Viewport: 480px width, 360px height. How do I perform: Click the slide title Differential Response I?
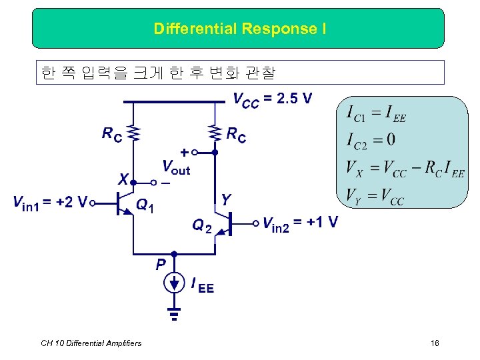(239, 29)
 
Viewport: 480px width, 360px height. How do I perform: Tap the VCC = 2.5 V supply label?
(272, 99)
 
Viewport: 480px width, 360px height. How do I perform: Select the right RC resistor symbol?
(215, 133)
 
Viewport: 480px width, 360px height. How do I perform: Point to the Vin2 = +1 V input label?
(300, 222)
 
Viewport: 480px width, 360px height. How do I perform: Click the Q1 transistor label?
(145, 206)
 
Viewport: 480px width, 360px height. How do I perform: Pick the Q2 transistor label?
(202, 227)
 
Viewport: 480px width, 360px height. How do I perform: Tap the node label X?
(123, 179)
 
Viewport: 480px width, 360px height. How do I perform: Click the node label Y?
(227, 199)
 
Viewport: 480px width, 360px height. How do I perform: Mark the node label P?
(161, 265)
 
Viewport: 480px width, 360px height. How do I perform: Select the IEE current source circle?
(174, 284)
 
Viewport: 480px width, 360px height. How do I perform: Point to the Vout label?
(176, 166)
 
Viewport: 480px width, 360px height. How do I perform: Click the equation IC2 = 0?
(371, 139)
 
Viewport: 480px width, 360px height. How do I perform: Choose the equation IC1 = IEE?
(376, 115)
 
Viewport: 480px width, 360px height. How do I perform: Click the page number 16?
(435, 343)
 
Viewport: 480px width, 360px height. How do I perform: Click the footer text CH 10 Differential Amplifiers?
(91, 343)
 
